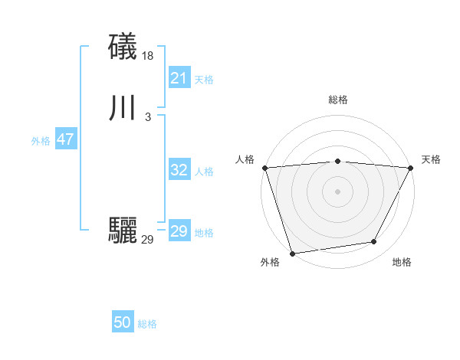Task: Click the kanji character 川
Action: click(x=123, y=108)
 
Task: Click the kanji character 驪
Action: click(x=123, y=231)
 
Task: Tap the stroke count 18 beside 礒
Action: click(x=148, y=56)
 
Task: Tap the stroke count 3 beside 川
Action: click(x=147, y=117)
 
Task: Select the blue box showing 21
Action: click(x=179, y=78)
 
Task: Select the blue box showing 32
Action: click(x=179, y=170)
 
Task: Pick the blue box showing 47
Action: click(x=65, y=139)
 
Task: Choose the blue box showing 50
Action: click(x=123, y=323)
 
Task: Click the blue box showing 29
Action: click(x=179, y=231)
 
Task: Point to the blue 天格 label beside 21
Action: click(x=204, y=80)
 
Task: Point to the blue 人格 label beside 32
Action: click(x=204, y=172)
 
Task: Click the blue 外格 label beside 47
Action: click(x=41, y=141)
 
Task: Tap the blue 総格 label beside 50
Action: click(x=147, y=325)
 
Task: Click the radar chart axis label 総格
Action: click(x=337, y=100)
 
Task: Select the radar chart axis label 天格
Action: click(x=431, y=159)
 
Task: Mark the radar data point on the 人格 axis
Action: click(x=264, y=168)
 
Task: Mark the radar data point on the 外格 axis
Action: click(x=292, y=253)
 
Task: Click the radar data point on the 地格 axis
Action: click(x=374, y=242)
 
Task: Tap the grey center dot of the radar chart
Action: click(x=337, y=191)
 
